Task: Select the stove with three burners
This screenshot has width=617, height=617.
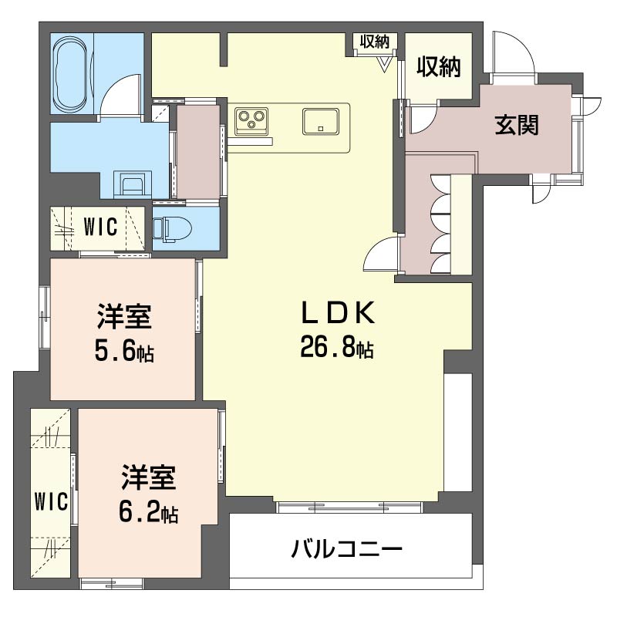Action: pos(251,120)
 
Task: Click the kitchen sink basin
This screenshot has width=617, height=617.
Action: pos(320,122)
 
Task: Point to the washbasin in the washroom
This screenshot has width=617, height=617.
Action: pos(132,184)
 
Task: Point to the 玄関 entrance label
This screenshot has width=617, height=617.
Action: pos(516,123)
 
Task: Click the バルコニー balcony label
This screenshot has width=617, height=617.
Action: pos(347,550)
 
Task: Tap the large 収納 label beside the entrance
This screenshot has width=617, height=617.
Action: pos(439,68)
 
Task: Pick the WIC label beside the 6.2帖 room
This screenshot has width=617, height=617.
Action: pos(51,501)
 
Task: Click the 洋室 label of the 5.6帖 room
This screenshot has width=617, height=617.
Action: pos(123,317)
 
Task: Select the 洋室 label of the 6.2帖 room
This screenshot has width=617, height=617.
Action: pos(148,478)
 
